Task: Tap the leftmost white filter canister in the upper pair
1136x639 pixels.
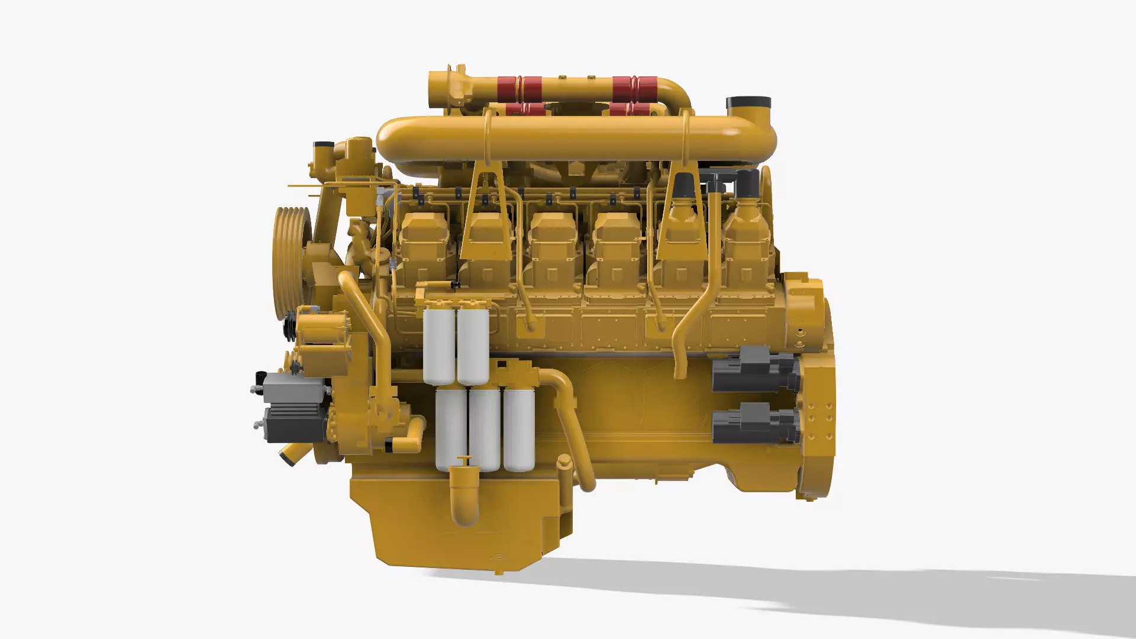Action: (439, 347)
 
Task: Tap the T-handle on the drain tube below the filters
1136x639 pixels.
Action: (464, 460)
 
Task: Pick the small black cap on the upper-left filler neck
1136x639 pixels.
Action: (324, 144)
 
